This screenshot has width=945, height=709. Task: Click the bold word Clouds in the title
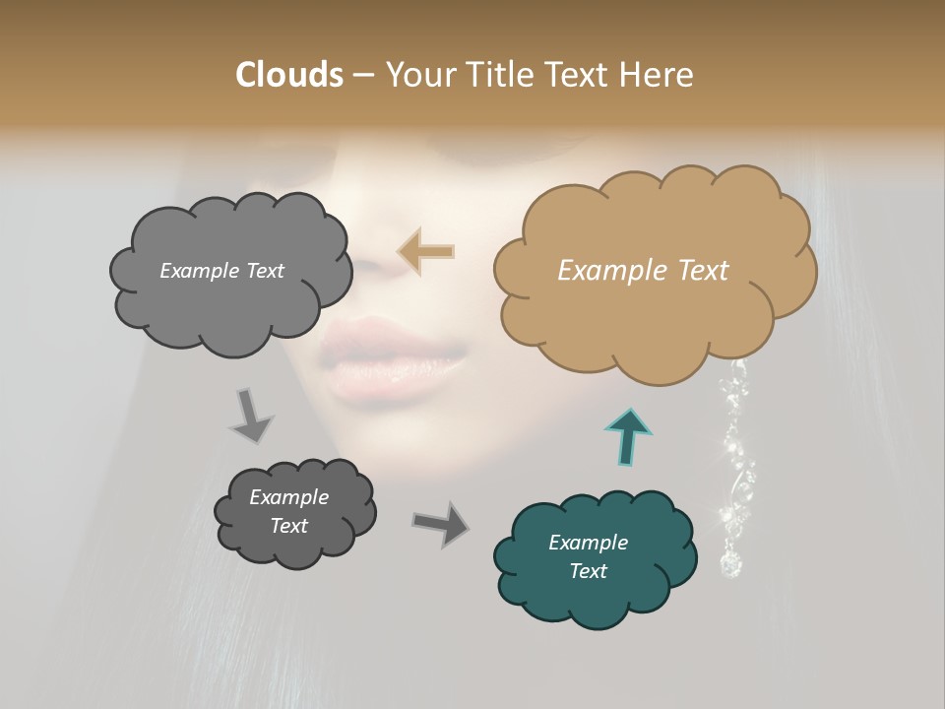(288, 74)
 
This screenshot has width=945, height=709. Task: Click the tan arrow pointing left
(426, 252)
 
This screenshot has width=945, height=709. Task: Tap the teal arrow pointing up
(630, 435)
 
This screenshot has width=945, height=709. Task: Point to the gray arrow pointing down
(252, 415)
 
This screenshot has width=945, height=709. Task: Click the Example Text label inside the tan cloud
(643, 270)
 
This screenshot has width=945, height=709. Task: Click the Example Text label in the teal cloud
(588, 556)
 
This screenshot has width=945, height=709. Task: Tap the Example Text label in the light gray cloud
(221, 271)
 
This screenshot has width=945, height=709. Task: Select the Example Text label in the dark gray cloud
(288, 511)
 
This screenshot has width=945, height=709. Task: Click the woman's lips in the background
(394, 359)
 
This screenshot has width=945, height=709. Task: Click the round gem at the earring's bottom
(730, 564)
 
